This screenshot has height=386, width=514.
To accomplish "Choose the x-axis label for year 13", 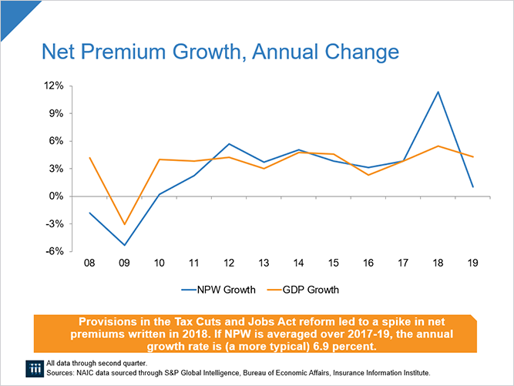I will [x=264, y=263].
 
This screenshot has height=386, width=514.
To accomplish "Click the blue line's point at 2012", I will [x=230, y=144].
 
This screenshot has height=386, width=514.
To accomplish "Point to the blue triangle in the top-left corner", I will [x=9, y=9].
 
